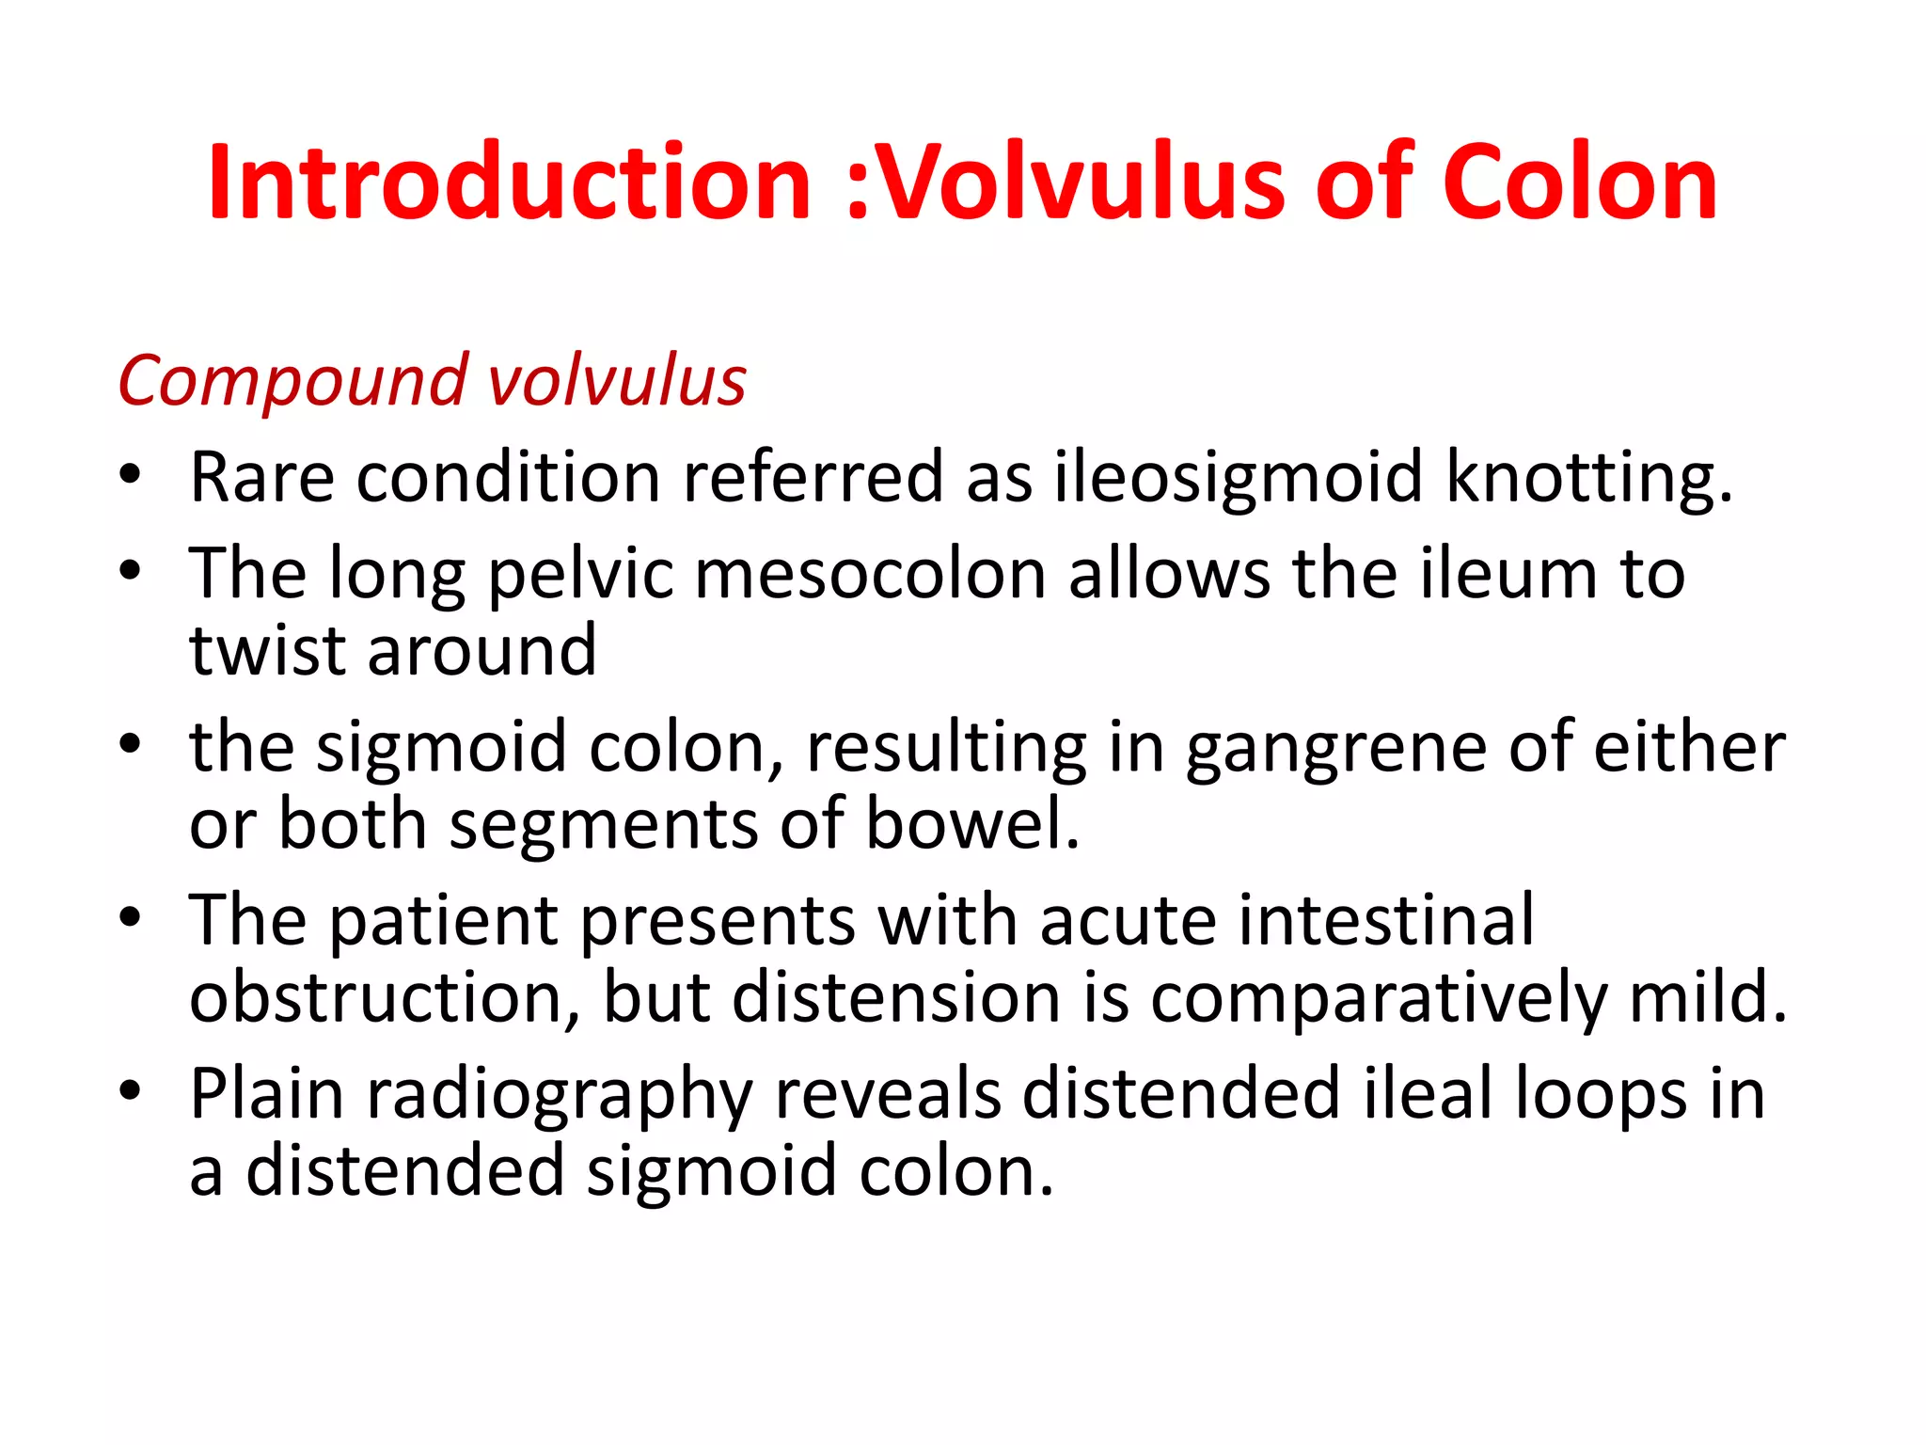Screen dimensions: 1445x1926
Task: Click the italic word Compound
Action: click(292, 382)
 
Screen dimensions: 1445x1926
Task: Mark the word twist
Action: click(267, 651)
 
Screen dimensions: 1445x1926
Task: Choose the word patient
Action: click(443, 921)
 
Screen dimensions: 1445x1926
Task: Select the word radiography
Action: click(559, 1094)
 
